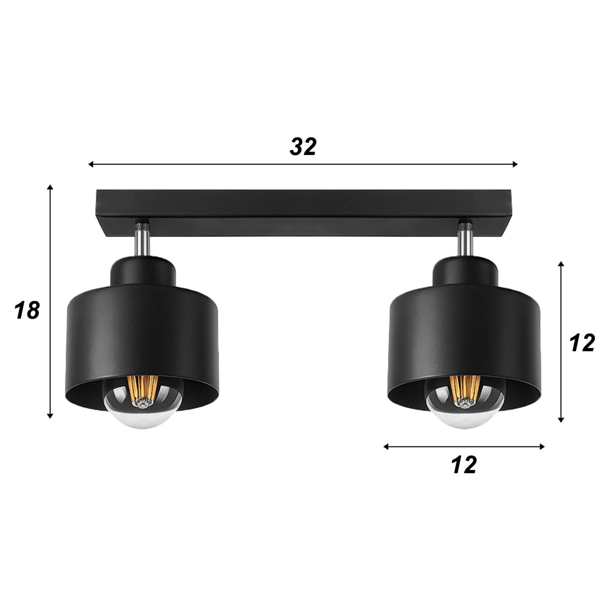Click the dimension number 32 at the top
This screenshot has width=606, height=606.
[303, 147]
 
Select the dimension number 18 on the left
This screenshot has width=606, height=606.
[27, 310]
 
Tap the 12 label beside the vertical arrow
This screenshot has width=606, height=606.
[583, 344]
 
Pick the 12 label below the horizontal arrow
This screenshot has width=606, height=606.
[464, 465]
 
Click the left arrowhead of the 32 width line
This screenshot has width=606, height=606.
[91, 164]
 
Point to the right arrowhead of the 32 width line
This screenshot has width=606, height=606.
[515, 164]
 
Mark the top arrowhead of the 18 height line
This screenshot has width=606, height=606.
[50, 187]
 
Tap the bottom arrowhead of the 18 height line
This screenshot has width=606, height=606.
[50, 416]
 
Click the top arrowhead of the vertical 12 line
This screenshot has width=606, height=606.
[561, 264]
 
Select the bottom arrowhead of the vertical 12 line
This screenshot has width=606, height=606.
[561, 420]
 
